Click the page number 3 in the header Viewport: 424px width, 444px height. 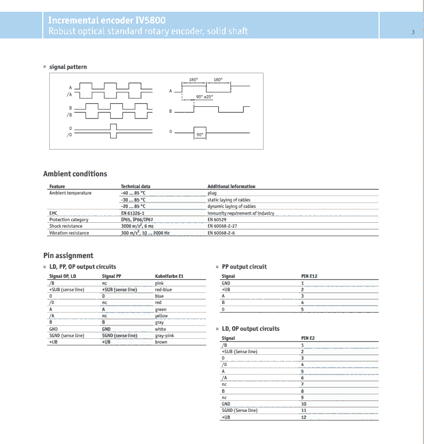click(413, 32)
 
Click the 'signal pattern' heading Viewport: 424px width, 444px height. click(68, 67)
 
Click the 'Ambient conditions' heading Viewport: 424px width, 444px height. click(75, 174)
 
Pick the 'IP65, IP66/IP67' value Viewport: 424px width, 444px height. click(137, 220)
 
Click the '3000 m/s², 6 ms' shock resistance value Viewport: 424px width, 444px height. click(137, 226)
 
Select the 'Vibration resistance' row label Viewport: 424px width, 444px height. click(69, 233)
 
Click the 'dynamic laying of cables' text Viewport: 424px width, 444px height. click(232, 206)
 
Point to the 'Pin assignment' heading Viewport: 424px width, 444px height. click(68, 255)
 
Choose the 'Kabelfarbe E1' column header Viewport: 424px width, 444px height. click(169, 276)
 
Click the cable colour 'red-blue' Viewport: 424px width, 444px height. click(164, 289)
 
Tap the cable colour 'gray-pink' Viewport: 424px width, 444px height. click(164, 336)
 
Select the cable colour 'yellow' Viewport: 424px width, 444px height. click(161, 316)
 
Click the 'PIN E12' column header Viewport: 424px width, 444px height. click(310, 276)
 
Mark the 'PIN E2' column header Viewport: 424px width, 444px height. click(308, 338)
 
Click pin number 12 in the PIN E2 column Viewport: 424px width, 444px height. click(304, 417)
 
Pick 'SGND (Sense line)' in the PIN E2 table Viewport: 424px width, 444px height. click(239, 410)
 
